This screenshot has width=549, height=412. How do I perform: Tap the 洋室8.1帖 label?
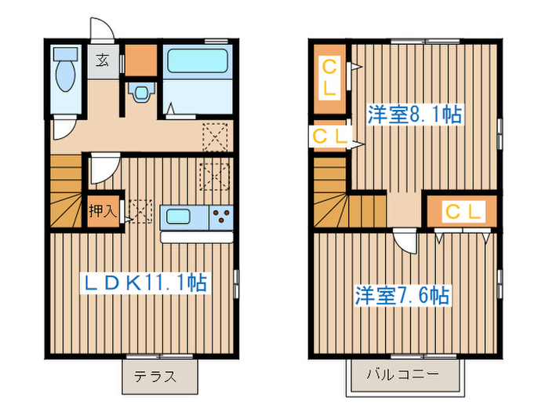tap(414, 115)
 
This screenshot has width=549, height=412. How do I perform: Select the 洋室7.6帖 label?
tap(402, 296)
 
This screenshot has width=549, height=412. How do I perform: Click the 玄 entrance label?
tap(103, 59)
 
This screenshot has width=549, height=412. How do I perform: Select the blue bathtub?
tap(196, 61)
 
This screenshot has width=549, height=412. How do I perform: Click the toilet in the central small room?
tap(141, 93)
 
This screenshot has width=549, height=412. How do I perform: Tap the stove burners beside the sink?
tap(221, 216)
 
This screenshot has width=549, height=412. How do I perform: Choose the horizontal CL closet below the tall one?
tap(330, 137)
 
